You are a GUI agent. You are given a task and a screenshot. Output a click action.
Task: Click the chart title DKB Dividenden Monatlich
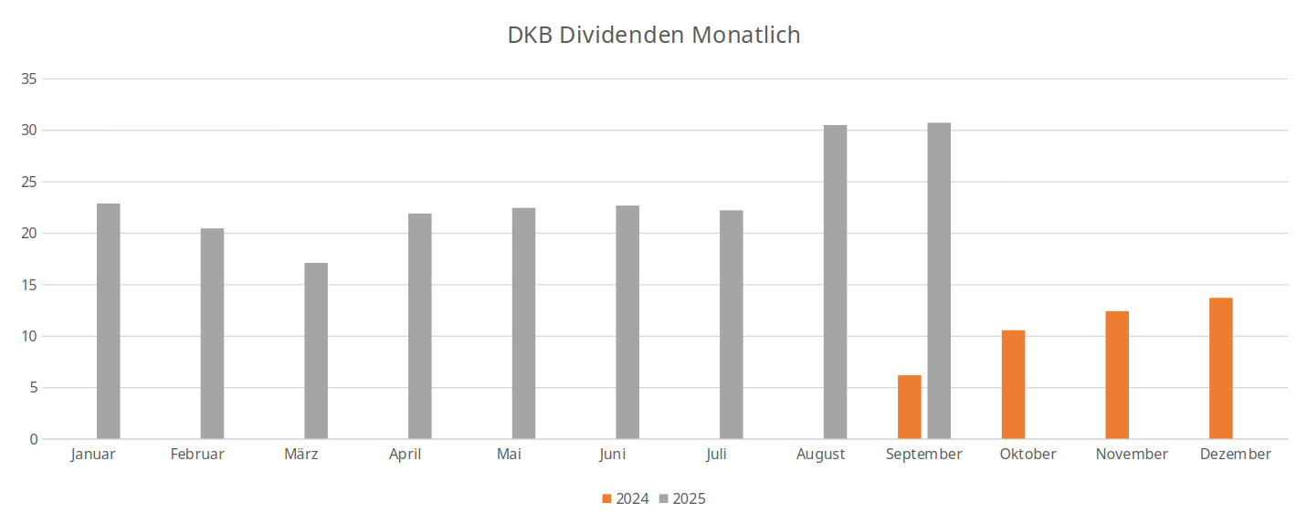point(654,36)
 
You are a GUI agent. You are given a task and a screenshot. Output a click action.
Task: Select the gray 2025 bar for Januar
point(109,321)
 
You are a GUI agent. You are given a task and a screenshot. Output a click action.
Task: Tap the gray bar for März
point(316,351)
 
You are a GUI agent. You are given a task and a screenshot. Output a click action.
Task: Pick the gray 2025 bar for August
point(835,282)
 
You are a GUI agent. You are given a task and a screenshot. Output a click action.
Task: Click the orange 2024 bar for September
point(910,407)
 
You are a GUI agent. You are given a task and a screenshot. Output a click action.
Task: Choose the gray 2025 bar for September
point(939,281)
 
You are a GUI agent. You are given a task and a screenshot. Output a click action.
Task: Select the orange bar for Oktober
point(1013,384)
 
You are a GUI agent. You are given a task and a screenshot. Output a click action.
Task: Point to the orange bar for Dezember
point(1221,369)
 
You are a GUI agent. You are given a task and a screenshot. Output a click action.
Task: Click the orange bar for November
point(1117,375)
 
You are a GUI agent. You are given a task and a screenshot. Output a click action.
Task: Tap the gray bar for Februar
point(212,334)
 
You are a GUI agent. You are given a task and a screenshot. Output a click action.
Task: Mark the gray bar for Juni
point(627,322)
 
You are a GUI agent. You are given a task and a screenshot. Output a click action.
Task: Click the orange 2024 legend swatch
point(607,498)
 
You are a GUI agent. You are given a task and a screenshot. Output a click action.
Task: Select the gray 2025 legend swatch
point(664,498)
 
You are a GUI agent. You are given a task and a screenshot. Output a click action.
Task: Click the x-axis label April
point(406,454)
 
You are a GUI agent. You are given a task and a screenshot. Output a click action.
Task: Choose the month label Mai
point(510,454)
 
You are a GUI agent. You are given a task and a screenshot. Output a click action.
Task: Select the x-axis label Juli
point(717,454)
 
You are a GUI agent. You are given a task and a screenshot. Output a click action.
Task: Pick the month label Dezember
point(1235,454)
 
